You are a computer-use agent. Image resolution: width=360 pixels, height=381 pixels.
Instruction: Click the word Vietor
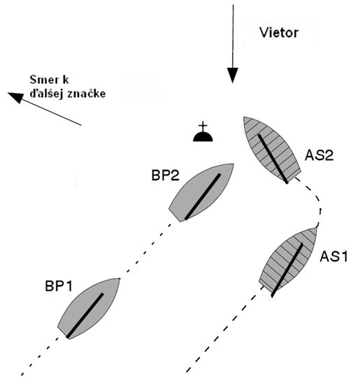click(x=279, y=33)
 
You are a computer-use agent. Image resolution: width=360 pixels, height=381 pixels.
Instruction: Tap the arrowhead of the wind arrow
click(x=233, y=76)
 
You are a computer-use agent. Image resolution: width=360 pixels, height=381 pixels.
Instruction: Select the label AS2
click(x=319, y=155)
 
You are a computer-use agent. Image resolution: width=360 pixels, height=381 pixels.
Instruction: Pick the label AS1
click(x=333, y=257)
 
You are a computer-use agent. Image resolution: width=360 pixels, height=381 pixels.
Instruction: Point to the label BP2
click(x=166, y=175)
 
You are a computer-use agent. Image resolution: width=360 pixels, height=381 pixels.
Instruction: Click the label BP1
click(x=59, y=286)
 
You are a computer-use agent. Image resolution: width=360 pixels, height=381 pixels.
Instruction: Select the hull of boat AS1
click(x=288, y=262)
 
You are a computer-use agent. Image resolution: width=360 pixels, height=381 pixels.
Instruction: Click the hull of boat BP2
click(x=201, y=193)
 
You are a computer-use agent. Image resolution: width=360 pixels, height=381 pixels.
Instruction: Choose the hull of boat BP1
click(x=88, y=308)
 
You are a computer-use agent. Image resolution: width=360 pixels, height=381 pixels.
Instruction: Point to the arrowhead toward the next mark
click(x=15, y=97)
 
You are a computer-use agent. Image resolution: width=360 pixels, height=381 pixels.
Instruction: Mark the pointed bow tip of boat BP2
click(x=233, y=164)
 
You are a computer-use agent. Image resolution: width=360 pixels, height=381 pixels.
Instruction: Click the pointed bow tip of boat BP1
click(x=120, y=278)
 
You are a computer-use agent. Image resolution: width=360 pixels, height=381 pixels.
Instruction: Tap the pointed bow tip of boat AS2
click(x=244, y=117)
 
